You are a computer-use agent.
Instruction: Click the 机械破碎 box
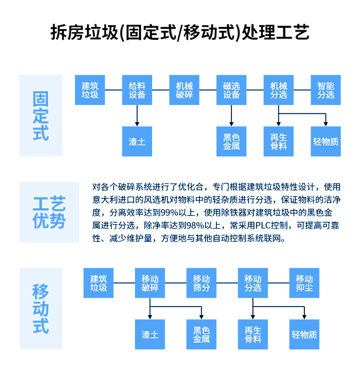point(184,90)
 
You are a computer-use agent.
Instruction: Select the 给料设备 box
point(137,90)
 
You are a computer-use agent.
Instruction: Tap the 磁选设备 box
point(231,90)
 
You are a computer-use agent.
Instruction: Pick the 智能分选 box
point(326,90)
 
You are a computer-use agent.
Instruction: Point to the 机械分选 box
point(278,90)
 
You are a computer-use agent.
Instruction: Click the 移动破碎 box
point(150,283)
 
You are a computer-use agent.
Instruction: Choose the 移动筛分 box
point(202,283)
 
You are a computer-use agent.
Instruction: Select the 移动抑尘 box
point(304,283)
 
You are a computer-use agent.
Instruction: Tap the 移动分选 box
point(253,283)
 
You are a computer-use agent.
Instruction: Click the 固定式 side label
point(41,116)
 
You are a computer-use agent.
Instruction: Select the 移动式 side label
point(41,308)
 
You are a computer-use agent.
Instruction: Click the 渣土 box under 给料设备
point(137,142)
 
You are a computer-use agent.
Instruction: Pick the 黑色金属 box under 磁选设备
point(231,142)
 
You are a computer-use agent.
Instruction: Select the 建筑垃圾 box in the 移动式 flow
point(99,283)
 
